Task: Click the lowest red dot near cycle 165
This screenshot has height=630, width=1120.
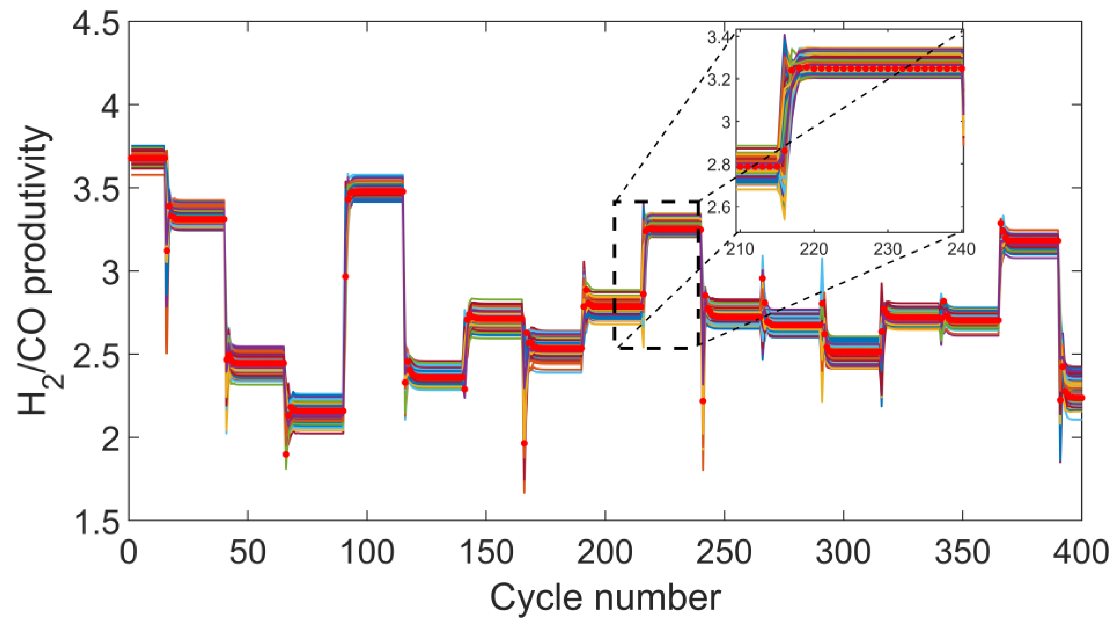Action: [x=525, y=443]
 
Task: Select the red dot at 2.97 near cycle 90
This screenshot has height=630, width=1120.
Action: [x=345, y=276]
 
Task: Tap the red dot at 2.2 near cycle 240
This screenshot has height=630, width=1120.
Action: [x=703, y=401]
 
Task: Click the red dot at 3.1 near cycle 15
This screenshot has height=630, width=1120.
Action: [x=167, y=251]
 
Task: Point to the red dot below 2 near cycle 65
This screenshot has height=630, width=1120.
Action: [x=286, y=454]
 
